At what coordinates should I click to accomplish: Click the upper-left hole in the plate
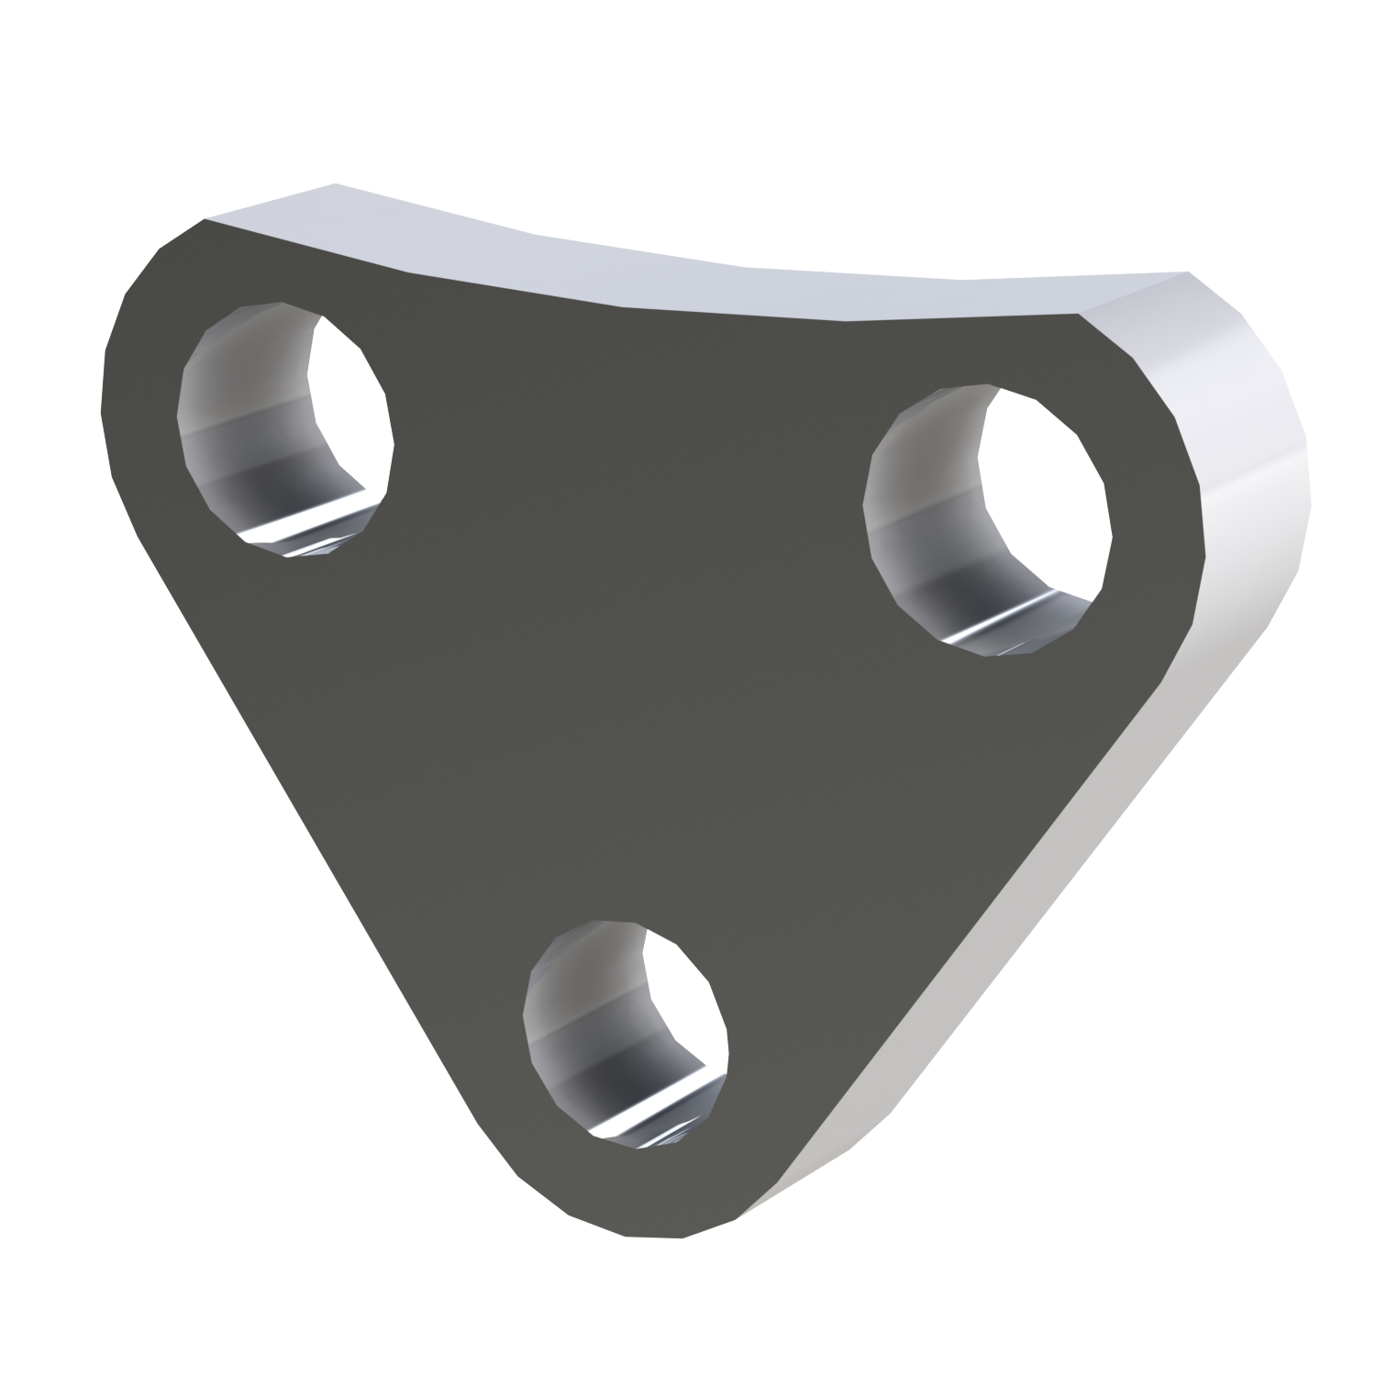click(284, 431)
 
